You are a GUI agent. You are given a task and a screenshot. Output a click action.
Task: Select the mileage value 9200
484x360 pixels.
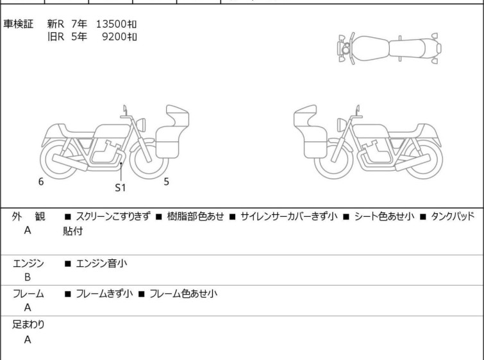pos(115,37)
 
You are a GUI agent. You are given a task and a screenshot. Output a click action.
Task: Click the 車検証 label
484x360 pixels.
pos(18,24)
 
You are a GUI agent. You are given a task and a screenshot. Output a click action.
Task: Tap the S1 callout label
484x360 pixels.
pos(121,187)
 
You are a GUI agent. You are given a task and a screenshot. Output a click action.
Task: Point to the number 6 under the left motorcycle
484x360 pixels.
pos(41,182)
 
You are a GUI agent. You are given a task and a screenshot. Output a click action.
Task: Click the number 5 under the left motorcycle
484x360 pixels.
pos(167,182)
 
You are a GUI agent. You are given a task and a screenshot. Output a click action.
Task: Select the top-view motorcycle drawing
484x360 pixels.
pos(390,49)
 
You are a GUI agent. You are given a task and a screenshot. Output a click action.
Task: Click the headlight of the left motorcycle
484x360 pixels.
pos(141,125)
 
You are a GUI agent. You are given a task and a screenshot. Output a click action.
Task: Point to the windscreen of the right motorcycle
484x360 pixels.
pos(305,116)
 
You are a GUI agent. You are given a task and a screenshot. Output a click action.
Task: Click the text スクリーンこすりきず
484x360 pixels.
pos(113,216)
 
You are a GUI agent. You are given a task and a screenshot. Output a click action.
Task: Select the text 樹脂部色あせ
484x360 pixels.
pos(196,216)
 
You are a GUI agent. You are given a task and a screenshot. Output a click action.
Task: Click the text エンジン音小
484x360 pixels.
pos(101,263)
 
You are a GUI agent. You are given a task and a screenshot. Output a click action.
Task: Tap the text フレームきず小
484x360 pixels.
pos(104,293)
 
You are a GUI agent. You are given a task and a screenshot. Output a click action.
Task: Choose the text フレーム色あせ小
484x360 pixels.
pos(183,293)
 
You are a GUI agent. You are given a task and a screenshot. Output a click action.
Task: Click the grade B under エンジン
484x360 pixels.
pos(28,277)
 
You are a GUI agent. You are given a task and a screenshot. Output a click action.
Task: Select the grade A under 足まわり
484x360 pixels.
pos(28,339)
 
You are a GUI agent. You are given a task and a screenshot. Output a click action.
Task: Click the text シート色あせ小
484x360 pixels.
pos(384,216)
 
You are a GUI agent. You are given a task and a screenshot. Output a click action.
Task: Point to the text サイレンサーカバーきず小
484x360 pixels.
pos(289,216)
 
